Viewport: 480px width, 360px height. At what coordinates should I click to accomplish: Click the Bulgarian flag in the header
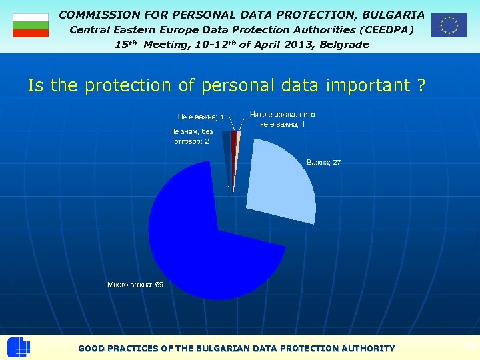pyautogui.click(x=31, y=25)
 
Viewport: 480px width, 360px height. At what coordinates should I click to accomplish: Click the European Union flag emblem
pyautogui.click(x=449, y=25)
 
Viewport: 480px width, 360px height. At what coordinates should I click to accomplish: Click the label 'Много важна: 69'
pyautogui.click(x=135, y=285)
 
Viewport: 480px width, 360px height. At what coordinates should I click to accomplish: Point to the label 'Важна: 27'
pyautogui.click(x=323, y=163)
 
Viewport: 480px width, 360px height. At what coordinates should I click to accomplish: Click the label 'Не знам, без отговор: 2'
pyautogui.click(x=191, y=137)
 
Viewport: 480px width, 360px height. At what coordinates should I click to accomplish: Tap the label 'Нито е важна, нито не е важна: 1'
pyautogui.click(x=282, y=119)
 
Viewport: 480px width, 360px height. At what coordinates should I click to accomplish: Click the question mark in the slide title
pyautogui.click(x=421, y=85)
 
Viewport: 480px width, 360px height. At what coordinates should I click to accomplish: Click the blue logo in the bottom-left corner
pyautogui.click(x=19, y=348)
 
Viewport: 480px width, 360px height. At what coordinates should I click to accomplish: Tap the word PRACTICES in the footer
pyautogui.click(x=138, y=348)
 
